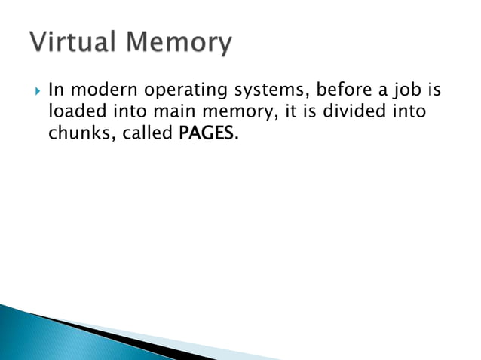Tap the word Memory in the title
pos(179,44)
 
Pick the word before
pos(342,90)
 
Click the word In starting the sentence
pos(54,90)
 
